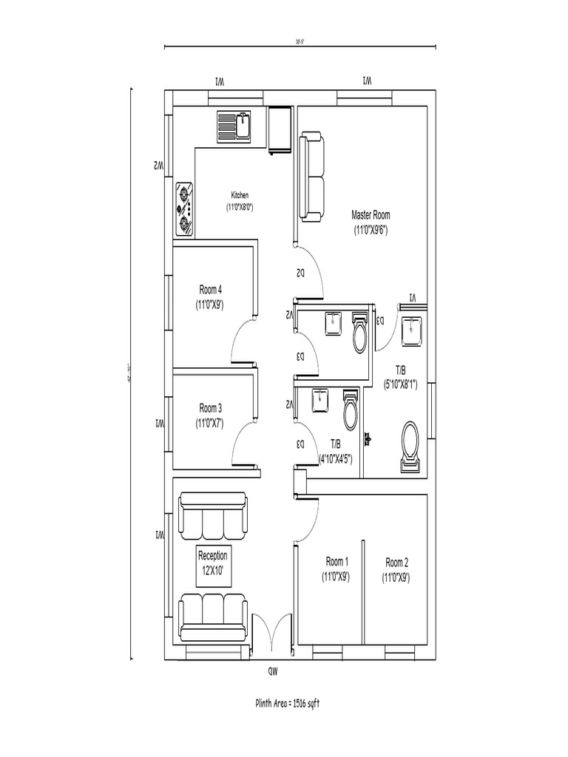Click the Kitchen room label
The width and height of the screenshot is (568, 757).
240,201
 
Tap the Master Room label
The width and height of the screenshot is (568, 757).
371,222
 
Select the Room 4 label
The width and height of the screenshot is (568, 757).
210,296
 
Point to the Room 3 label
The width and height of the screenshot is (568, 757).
210,415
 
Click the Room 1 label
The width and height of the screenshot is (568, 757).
336,568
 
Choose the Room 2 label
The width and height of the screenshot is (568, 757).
396,568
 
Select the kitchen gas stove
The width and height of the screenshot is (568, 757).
185,211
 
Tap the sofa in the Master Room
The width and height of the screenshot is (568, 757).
311,177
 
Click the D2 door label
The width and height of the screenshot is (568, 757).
301,273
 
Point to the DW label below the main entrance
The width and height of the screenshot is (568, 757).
273,671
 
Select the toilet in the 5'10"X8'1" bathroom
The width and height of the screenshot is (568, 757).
410,446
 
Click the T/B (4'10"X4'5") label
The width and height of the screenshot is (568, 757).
335,451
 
